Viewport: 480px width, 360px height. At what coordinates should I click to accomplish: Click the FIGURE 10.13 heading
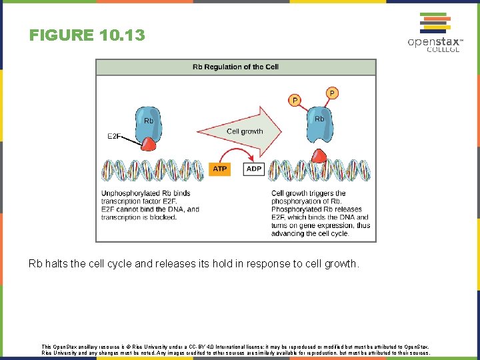pos(87,35)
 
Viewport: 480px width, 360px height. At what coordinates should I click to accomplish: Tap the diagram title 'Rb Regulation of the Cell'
pos(235,67)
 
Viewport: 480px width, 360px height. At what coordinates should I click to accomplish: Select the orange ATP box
pos(220,169)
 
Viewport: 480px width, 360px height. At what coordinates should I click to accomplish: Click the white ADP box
pos(254,169)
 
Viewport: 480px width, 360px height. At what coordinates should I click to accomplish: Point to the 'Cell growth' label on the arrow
pos(245,131)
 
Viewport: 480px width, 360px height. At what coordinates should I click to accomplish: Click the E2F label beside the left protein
pos(114,137)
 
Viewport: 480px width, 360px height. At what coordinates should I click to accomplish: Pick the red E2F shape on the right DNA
pos(320,157)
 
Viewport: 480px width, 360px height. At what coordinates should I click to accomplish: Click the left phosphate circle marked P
pos(294,100)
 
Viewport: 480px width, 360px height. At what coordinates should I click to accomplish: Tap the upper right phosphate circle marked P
pos(332,92)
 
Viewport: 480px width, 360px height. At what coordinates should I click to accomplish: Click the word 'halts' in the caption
pos(57,263)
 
